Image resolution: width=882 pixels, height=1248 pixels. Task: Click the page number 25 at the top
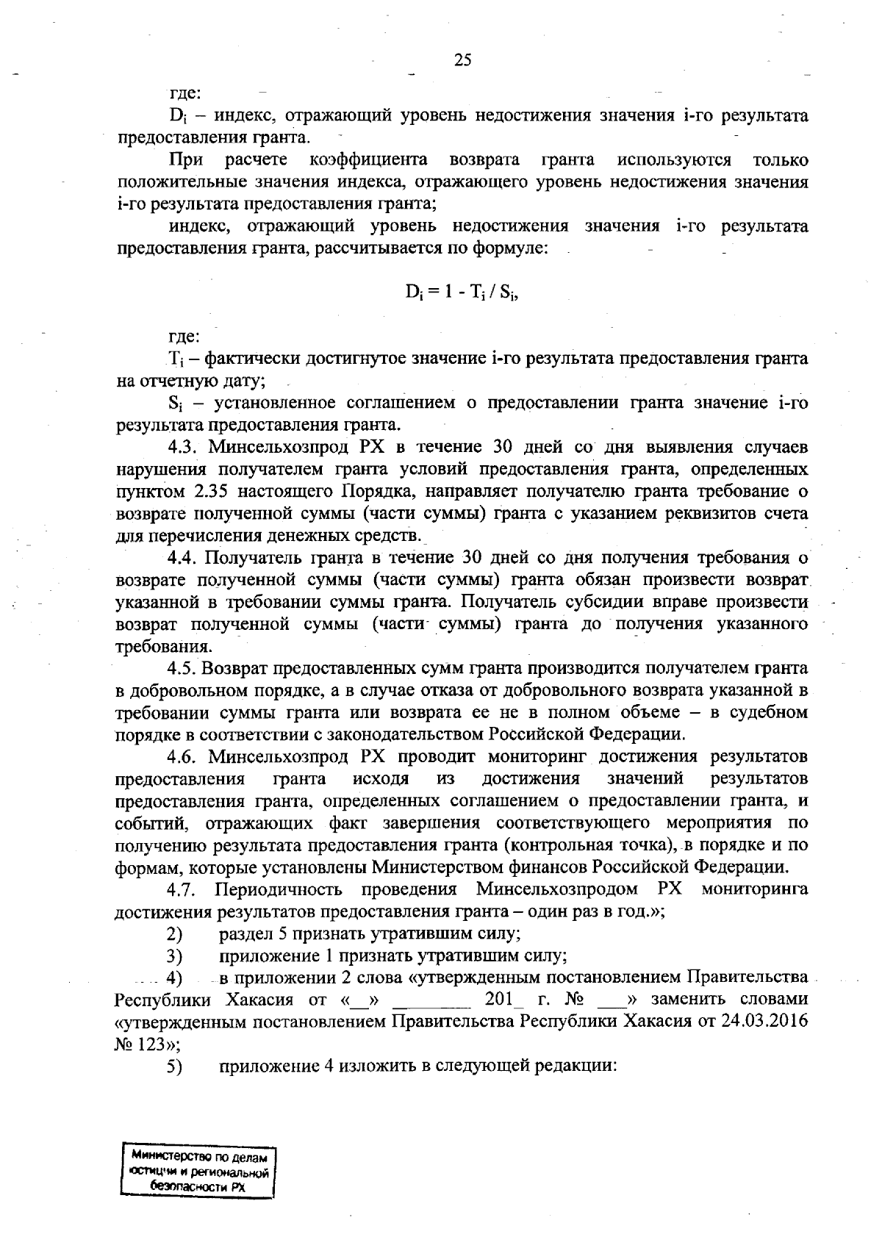click(x=463, y=61)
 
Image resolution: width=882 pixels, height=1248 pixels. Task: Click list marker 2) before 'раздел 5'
click(x=174, y=933)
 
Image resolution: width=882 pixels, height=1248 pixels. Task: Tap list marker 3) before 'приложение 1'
click(x=174, y=955)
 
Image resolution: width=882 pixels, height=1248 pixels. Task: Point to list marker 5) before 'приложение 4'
click(x=174, y=1066)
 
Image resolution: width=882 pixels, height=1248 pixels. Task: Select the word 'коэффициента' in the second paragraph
click(x=369, y=159)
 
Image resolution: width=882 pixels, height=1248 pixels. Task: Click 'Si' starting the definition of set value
click(x=175, y=403)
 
